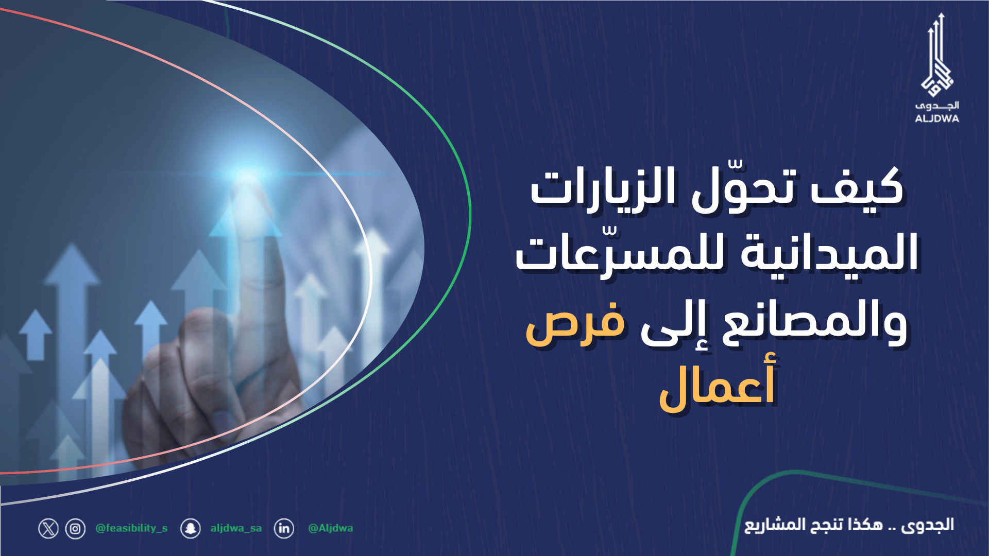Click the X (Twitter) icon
[x=48, y=529]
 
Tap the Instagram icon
[x=75, y=529]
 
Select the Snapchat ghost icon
[x=191, y=529]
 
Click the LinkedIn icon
[x=284, y=529]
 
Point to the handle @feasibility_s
[x=131, y=528]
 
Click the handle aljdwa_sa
[x=236, y=528]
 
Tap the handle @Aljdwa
[x=330, y=528]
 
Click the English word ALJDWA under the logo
[x=936, y=118]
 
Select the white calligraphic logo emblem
[x=937, y=57]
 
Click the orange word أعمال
[x=717, y=386]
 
